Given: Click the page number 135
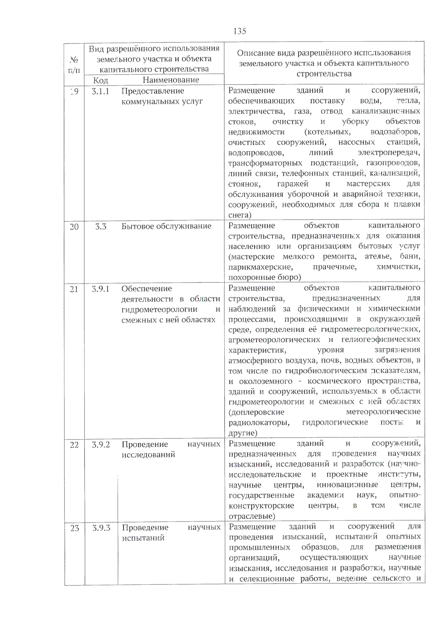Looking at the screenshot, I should pyautogui.click(x=240, y=31).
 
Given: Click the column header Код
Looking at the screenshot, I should pyautogui.click(x=101, y=80).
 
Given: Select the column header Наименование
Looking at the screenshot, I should pyautogui.click(x=171, y=80).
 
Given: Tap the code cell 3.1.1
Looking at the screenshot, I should pyautogui.click(x=101, y=91).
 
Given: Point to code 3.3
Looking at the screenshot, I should pyautogui.click(x=101, y=226).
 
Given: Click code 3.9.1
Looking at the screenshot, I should pyautogui.click(x=101, y=289).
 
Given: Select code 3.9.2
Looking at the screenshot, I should pyautogui.click(x=101, y=444).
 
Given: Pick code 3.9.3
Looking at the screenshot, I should pyautogui.click(x=101, y=528).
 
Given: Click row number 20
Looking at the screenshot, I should pyautogui.click(x=74, y=227).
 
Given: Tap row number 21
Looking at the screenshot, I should pyautogui.click(x=74, y=289).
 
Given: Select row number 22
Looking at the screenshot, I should pyautogui.click(x=74, y=445).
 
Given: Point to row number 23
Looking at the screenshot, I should pyautogui.click(x=75, y=528).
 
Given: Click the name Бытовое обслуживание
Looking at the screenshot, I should pyautogui.click(x=166, y=226).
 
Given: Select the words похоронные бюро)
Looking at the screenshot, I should pyautogui.click(x=264, y=277).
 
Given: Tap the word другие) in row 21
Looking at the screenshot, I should pyautogui.click(x=242, y=433).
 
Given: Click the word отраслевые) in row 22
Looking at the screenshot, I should pyautogui.click(x=252, y=516).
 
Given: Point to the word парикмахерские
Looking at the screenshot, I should pyautogui.click(x=260, y=267).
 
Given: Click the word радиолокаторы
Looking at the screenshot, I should pyautogui.click(x=259, y=422).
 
